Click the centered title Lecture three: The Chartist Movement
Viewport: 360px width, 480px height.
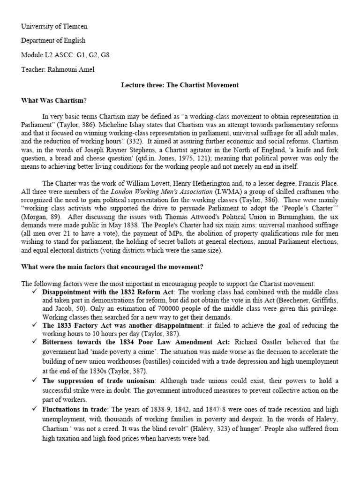coord(180,85)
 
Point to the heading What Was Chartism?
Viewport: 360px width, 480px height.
coord(54,100)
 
